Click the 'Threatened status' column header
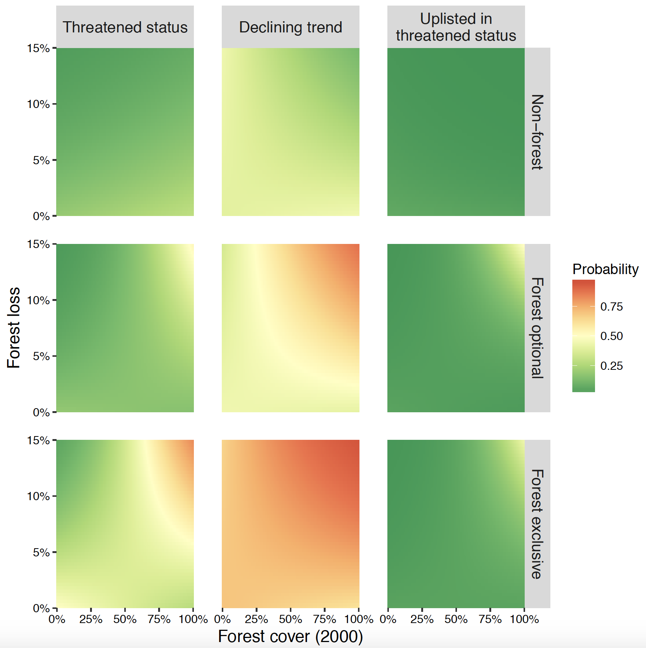tap(125, 27)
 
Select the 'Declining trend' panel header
tap(290, 27)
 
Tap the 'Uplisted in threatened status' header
tap(456, 27)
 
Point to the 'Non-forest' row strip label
tap(537, 132)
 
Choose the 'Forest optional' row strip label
tap(537, 328)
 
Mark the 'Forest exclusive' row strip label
tap(537, 524)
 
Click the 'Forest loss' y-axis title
tap(13, 328)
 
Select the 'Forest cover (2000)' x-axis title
tap(290, 636)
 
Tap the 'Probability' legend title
tap(605, 269)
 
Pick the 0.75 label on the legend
tap(611, 306)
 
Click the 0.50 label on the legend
tap(611, 336)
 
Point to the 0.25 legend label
tap(611, 366)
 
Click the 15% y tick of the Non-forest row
tap(38, 48)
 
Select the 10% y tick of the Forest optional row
tap(38, 300)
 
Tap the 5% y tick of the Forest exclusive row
tap(41, 552)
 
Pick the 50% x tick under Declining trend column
tap(290, 619)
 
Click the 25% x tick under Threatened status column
tap(91, 619)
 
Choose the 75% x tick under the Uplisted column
tap(490, 619)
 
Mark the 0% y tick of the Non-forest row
tap(41, 216)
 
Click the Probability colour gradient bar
tap(583, 336)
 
